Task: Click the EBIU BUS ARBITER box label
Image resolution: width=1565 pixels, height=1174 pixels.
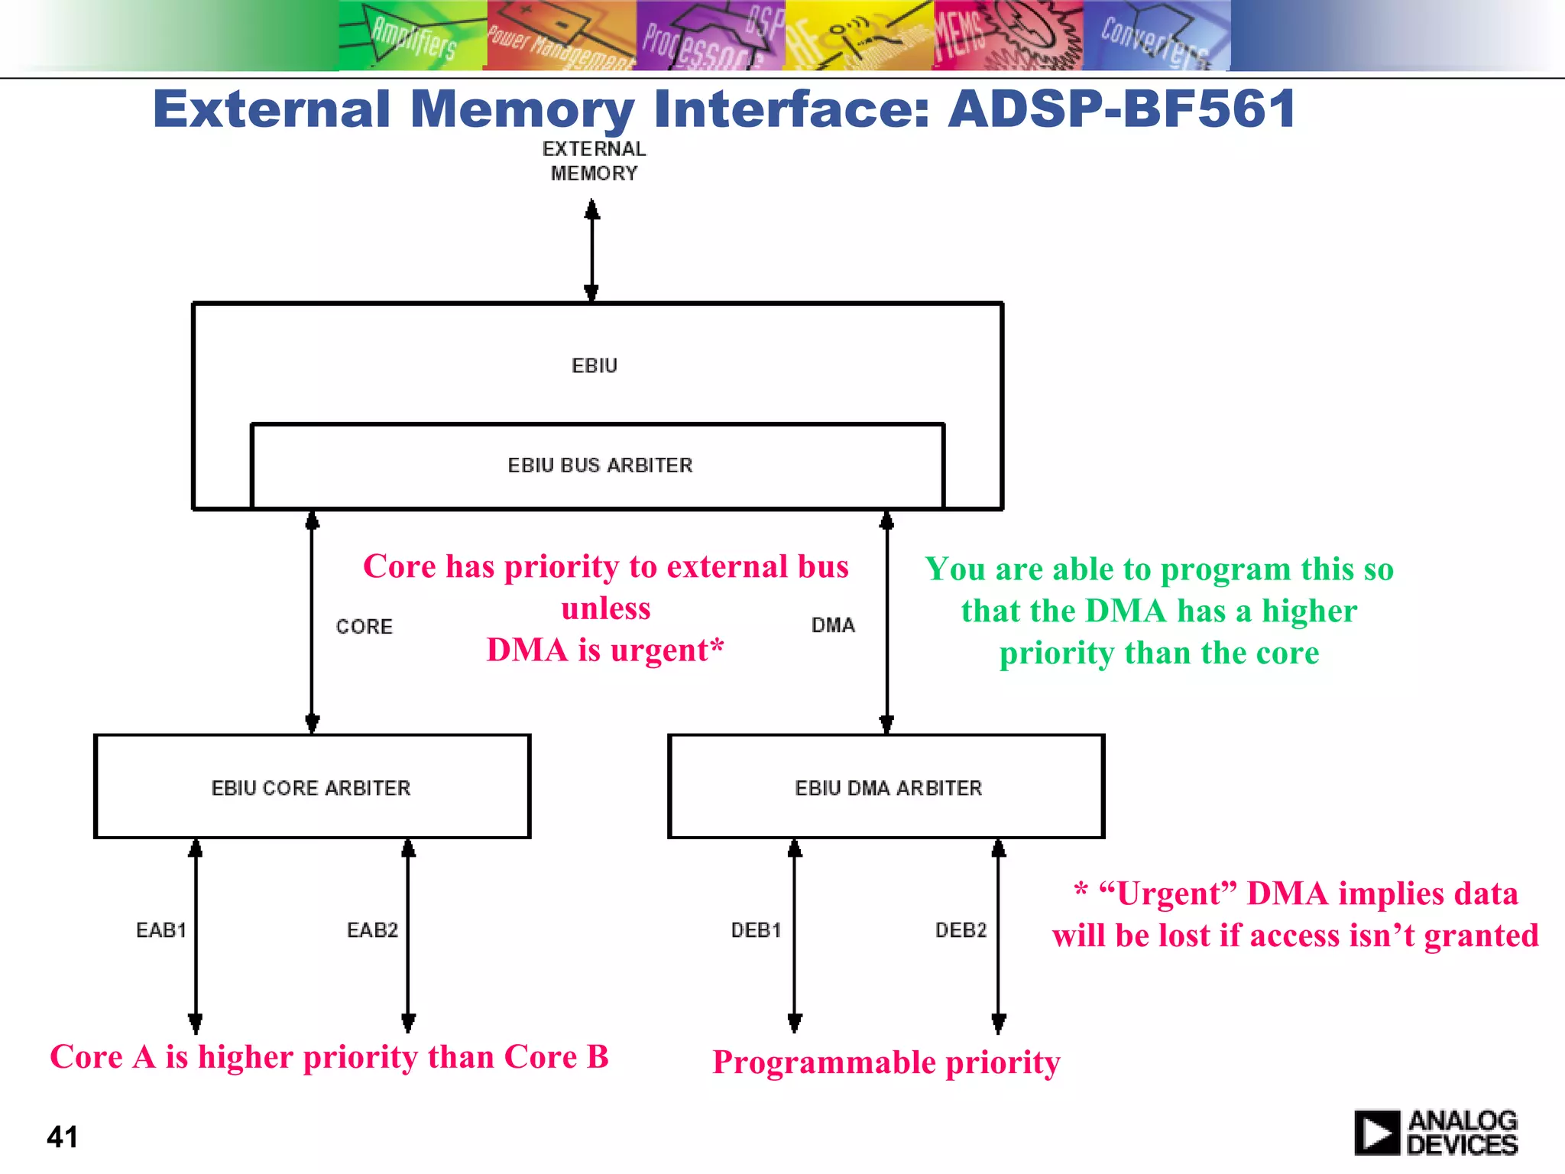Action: tap(600, 465)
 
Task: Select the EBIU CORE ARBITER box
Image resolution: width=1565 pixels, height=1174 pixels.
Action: tap(312, 787)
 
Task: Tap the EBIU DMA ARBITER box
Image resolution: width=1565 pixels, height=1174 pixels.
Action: tap(886, 787)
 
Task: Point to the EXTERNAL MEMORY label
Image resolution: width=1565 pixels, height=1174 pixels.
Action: tap(594, 161)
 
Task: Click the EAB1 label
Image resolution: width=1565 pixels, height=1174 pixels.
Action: tap(161, 930)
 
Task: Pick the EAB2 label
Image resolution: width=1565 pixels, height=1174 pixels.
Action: tap(372, 930)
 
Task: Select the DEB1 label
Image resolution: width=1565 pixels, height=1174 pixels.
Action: tap(756, 930)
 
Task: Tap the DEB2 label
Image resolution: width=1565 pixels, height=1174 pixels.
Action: tap(961, 930)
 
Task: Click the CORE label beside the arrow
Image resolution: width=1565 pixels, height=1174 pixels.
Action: tap(364, 627)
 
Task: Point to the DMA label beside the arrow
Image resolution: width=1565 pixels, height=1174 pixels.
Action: tap(833, 625)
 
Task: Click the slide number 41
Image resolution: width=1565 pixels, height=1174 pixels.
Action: tap(62, 1137)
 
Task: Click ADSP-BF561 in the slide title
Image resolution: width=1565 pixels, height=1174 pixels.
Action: tap(1121, 109)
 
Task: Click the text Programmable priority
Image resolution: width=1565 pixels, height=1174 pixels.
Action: tap(886, 1062)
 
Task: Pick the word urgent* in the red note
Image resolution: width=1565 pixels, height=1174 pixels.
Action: tap(666, 650)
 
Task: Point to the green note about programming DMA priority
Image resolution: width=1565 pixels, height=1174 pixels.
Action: tap(1159, 611)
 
